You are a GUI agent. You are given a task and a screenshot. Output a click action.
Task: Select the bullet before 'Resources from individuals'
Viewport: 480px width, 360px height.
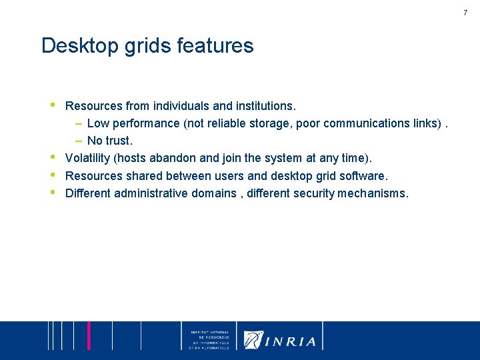[x=53, y=104]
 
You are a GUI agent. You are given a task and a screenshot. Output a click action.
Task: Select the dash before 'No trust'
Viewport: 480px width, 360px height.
[x=78, y=141]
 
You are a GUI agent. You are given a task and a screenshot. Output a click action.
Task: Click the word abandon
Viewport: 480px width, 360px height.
[x=173, y=158]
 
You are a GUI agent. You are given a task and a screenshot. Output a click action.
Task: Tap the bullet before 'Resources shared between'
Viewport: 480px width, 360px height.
[x=53, y=174]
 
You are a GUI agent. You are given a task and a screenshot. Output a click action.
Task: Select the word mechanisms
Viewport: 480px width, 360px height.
[x=373, y=193]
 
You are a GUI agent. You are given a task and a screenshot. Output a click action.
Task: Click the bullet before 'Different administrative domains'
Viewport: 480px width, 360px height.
[x=53, y=191]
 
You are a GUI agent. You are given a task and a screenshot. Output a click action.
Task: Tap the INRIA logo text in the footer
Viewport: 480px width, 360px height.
[x=291, y=341]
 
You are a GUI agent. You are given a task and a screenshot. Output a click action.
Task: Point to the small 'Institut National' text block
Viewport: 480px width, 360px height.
[x=209, y=340]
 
